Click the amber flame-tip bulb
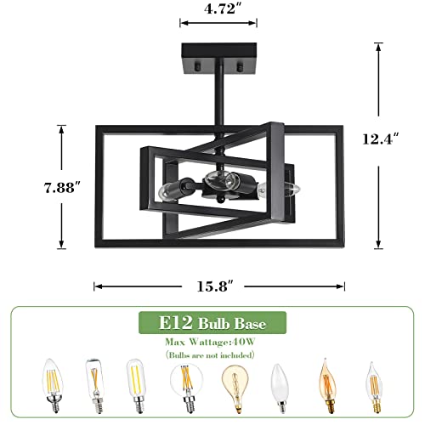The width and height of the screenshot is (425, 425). click(x=326, y=387)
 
